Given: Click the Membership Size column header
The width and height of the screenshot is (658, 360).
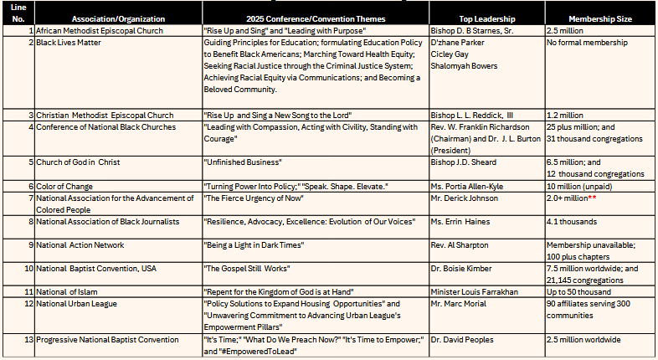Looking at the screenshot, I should pos(598,18).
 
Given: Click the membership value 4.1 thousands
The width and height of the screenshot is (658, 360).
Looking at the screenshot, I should pos(572,222).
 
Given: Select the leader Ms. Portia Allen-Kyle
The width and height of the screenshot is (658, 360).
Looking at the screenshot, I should pos(470,186).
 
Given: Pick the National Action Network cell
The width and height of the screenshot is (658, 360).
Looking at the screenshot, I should pos(80,245).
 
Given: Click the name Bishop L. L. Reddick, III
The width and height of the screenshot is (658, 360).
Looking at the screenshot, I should pos(478,115).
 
